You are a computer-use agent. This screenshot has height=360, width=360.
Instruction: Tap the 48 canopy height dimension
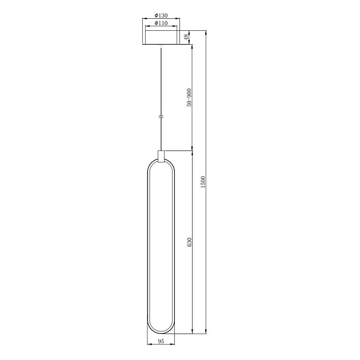(186, 38)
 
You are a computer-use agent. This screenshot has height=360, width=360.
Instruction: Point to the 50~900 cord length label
(189, 98)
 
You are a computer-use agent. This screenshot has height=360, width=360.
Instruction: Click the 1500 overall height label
(203, 183)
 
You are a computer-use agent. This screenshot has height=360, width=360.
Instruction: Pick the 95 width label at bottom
(161, 341)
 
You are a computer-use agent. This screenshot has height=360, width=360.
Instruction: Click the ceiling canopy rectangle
(161, 38)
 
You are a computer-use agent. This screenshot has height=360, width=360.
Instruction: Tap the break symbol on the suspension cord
(161, 117)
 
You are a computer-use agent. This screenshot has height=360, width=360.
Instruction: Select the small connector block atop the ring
(161, 155)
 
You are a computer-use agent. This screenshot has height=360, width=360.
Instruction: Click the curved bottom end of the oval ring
(161, 332)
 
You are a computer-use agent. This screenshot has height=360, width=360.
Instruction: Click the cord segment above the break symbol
(161, 80)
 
